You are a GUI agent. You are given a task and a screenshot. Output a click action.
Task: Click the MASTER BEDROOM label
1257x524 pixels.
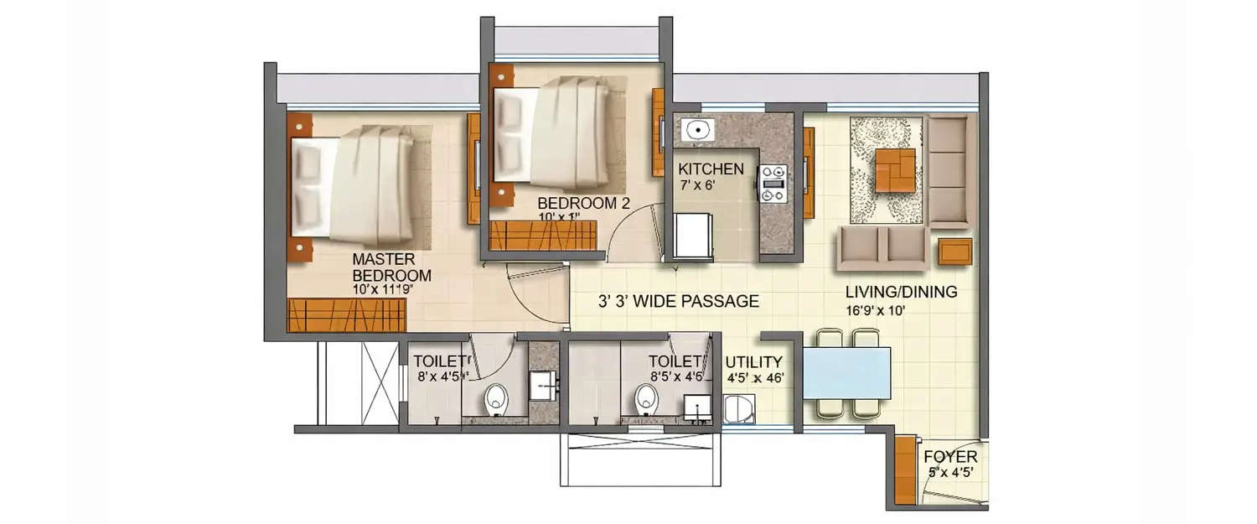[391, 267]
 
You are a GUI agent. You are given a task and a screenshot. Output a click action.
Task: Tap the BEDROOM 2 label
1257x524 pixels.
[583, 202]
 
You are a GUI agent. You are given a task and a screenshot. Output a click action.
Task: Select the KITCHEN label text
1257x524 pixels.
[711, 169]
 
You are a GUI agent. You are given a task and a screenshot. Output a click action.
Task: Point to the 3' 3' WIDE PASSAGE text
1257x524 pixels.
[679, 301]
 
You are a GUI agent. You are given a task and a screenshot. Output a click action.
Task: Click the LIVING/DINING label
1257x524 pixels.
[901, 293]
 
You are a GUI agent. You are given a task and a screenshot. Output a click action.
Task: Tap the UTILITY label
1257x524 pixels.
[754, 362]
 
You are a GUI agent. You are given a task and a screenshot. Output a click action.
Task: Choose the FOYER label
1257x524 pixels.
[950, 458]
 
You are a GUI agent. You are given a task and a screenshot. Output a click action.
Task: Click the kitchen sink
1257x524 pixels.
[696, 131]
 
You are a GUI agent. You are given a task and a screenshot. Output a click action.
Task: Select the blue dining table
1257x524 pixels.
[846, 373]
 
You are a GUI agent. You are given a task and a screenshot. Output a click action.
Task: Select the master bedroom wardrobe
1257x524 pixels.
[348, 314]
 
